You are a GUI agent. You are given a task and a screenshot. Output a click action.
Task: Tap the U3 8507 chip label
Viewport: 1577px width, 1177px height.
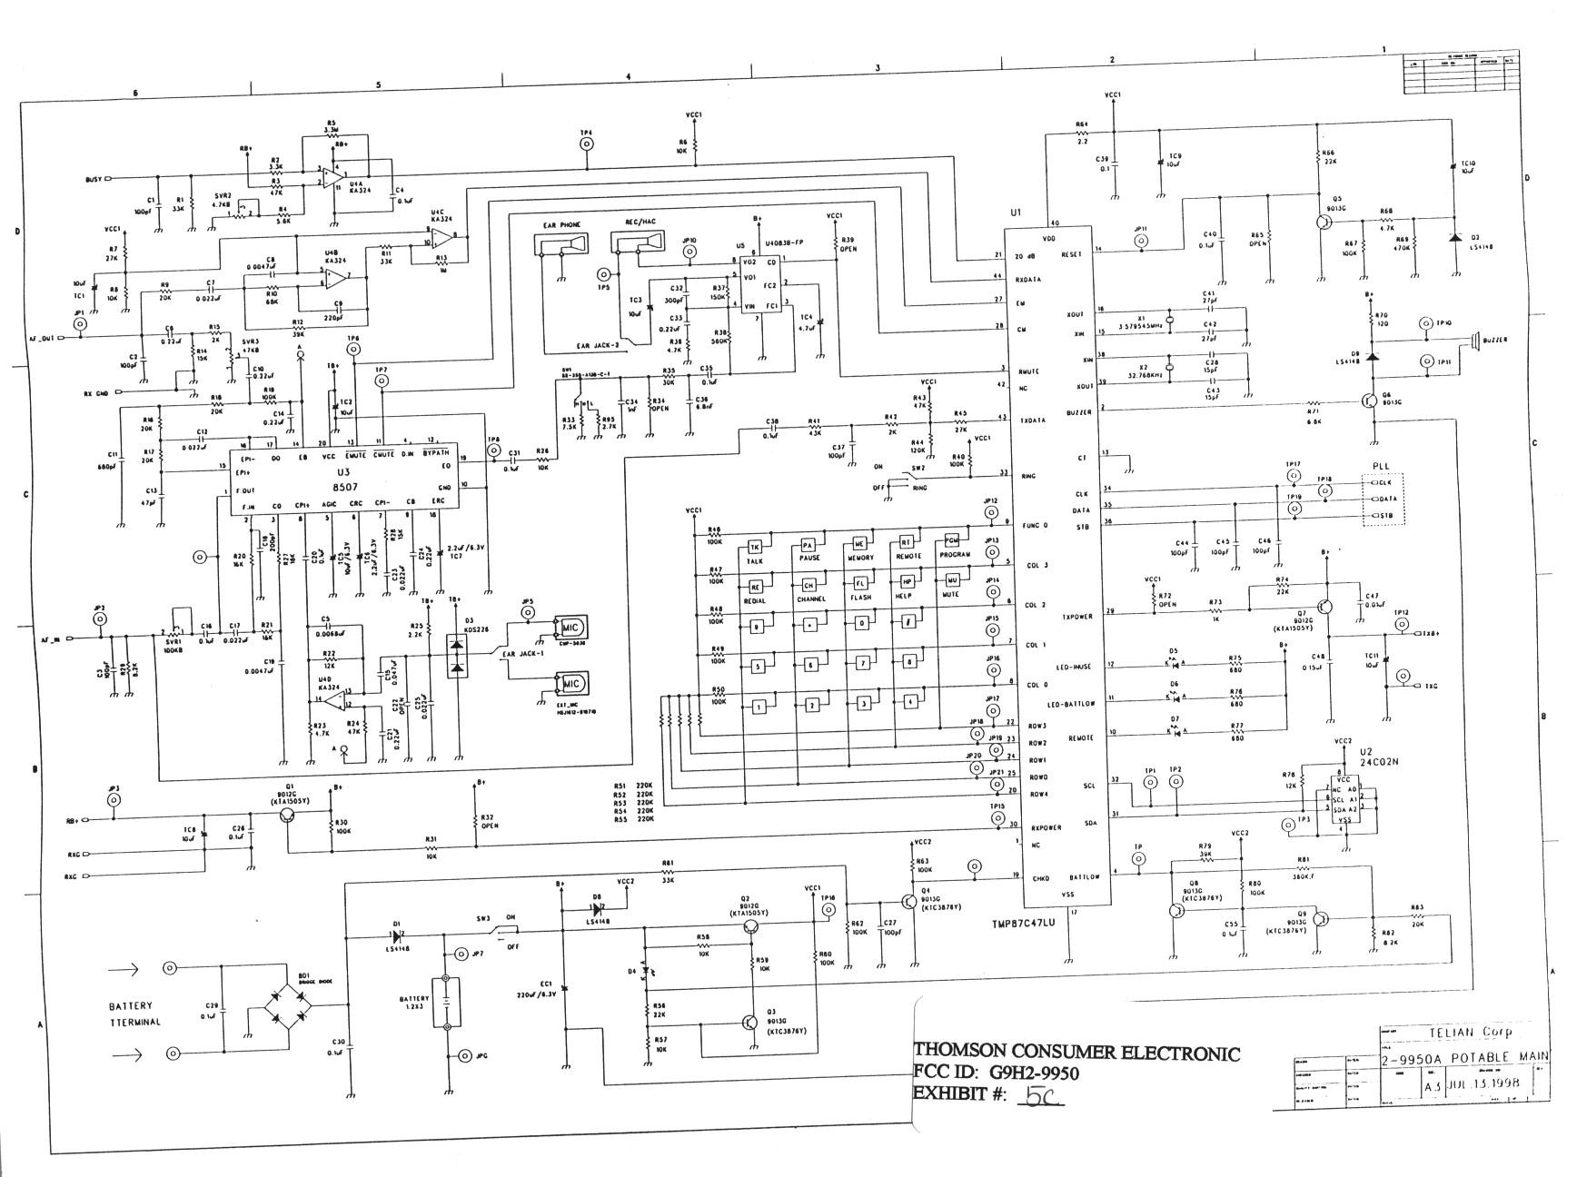pos(342,480)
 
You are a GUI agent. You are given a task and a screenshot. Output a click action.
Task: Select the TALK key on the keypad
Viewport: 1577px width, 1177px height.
pos(754,548)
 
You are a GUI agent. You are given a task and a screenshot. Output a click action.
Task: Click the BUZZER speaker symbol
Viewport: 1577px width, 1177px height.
pos(1477,341)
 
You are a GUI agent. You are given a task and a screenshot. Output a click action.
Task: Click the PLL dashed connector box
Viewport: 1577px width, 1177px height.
pos(1383,499)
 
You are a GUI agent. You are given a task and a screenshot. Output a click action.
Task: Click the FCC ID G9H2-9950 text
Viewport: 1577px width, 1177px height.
pos(996,1073)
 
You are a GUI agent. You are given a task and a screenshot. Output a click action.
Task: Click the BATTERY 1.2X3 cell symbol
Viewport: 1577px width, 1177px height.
pos(446,1002)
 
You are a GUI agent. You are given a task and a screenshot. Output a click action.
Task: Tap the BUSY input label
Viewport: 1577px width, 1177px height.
pos(94,179)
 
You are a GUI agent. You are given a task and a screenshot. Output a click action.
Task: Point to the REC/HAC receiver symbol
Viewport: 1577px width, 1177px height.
pos(639,243)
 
